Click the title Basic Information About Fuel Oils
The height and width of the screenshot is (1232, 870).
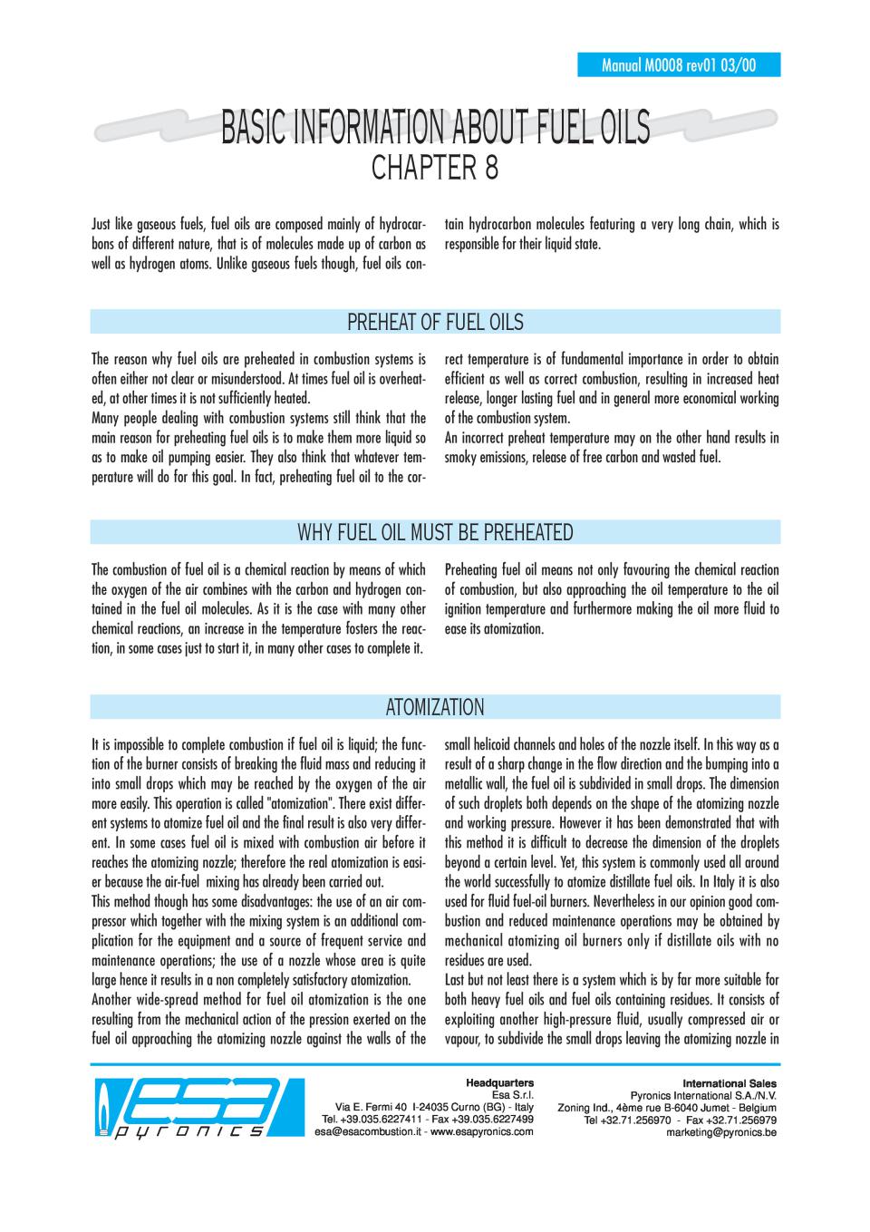(x=435, y=128)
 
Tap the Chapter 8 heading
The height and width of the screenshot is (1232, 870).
(x=435, y=170)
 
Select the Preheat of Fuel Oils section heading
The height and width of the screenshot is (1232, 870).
(x=435, y=322)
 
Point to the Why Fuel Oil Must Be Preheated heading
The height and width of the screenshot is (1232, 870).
(x=435, y=532)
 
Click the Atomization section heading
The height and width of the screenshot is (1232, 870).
(x=435, y=707)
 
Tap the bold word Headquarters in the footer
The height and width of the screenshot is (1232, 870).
(x=499, y=1082)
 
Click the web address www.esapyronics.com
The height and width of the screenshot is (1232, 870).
(x=481, y=1132)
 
